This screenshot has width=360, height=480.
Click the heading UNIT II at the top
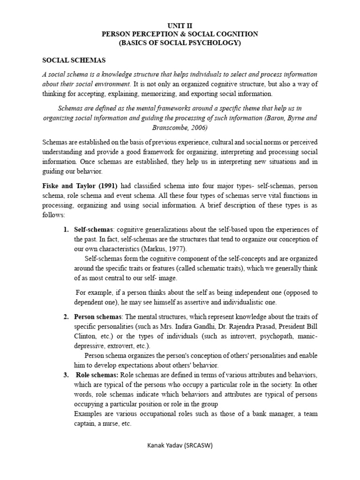tap(180, 26)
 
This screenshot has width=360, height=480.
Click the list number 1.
tap(66, 229)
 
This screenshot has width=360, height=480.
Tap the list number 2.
tap(66, 316)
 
